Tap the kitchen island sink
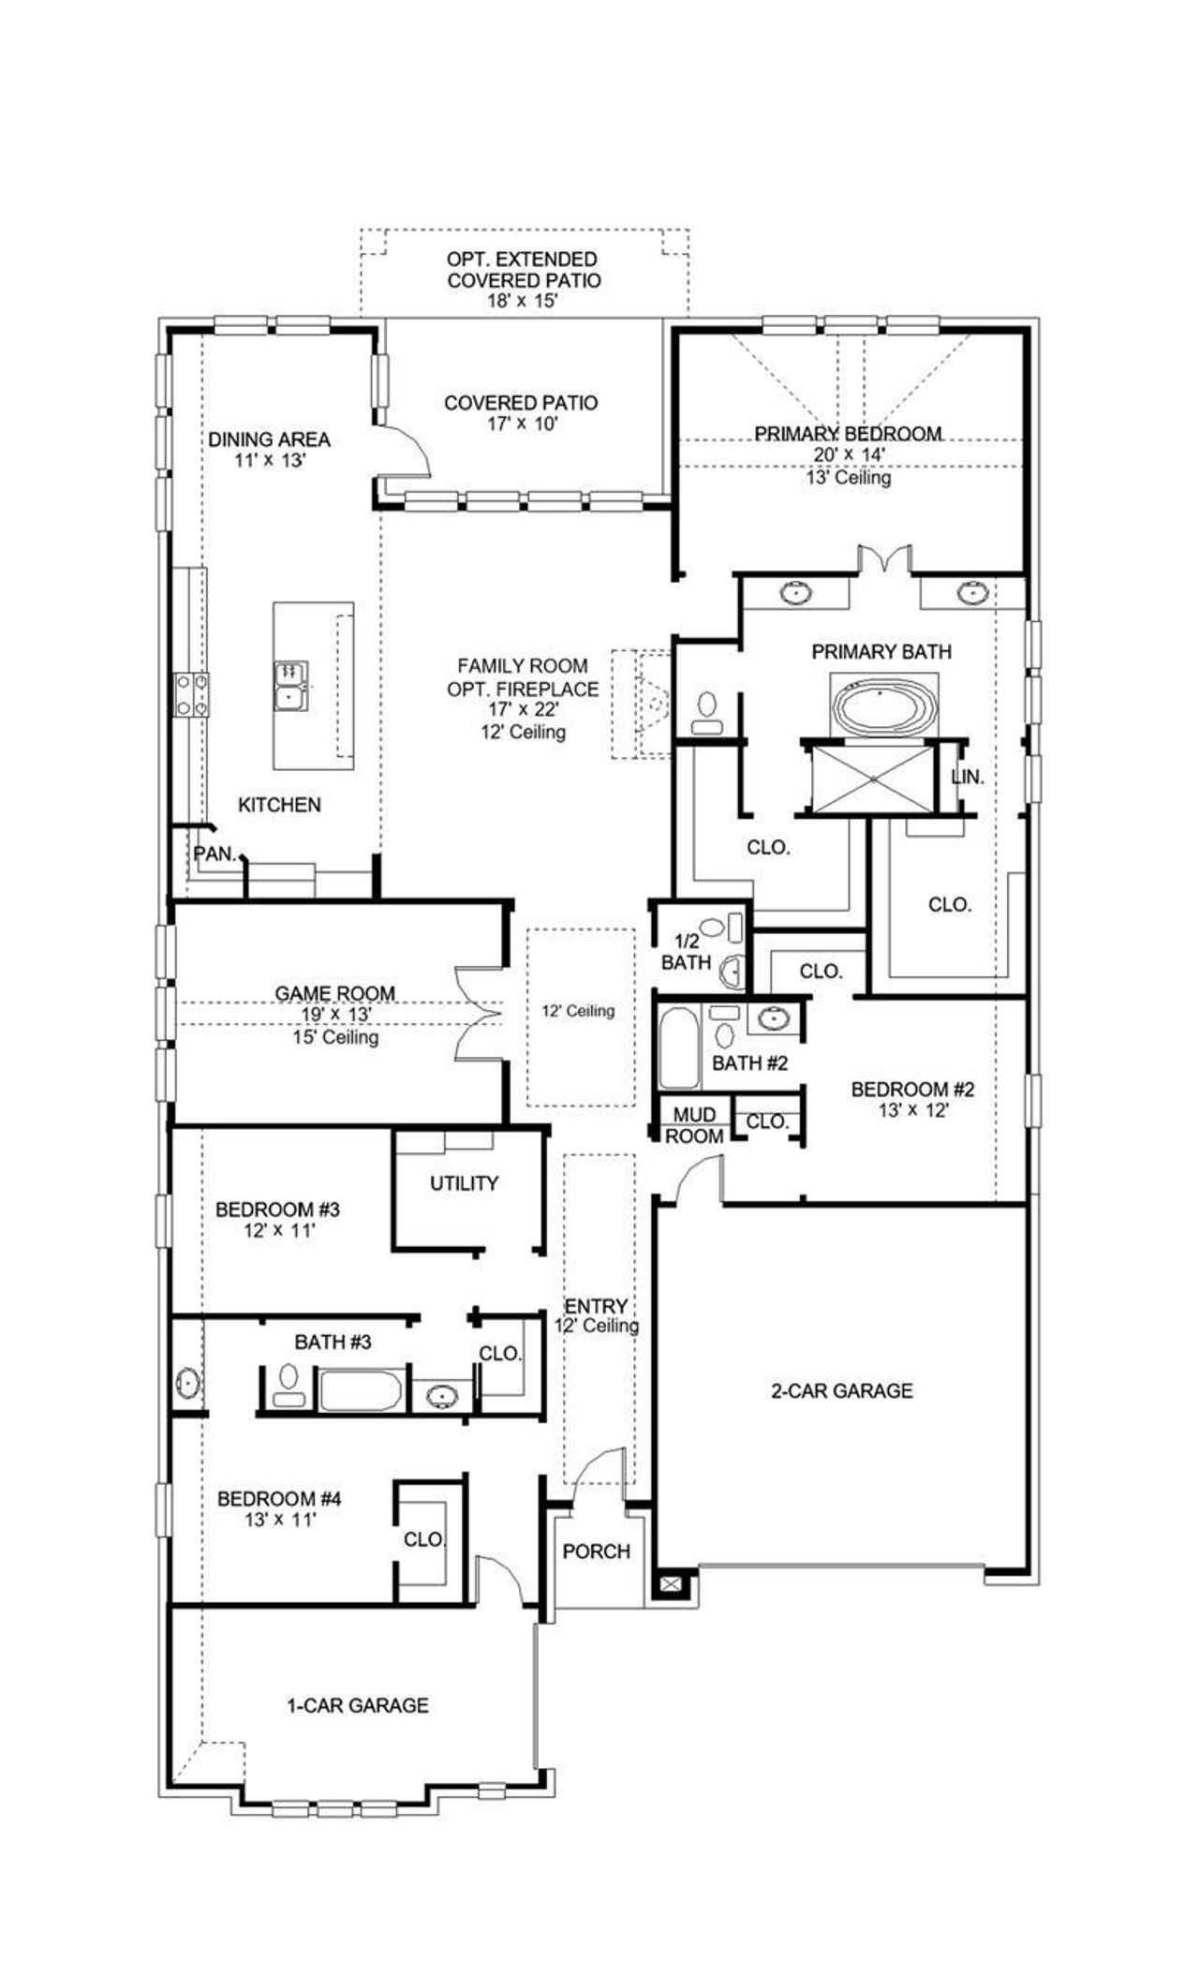(289, 686)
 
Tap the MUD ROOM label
(694, 1125)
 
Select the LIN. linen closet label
(967, 777)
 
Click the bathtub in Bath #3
(361, 1390)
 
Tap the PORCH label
(596, 1552)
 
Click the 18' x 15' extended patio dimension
(522, 301)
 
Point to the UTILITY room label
(464, 1183)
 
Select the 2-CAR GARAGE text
(841, 1390)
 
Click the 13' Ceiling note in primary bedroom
(848, 478)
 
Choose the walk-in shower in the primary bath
(873, 777)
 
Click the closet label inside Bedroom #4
(423, 1539)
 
